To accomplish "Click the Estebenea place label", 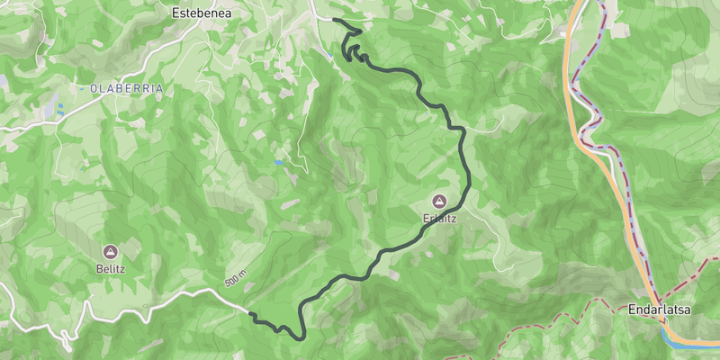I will (202, 13).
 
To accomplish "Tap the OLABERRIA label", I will (127, 88).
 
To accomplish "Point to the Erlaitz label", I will (438, 217).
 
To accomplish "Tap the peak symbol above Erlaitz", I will (438, 201).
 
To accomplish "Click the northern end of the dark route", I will (334, 19).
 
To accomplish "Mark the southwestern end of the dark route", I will (250, 314).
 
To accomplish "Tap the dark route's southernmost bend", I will (299, 338).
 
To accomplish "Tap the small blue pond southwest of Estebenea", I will (279, 163).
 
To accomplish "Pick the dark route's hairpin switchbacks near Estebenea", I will (353, 49).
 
